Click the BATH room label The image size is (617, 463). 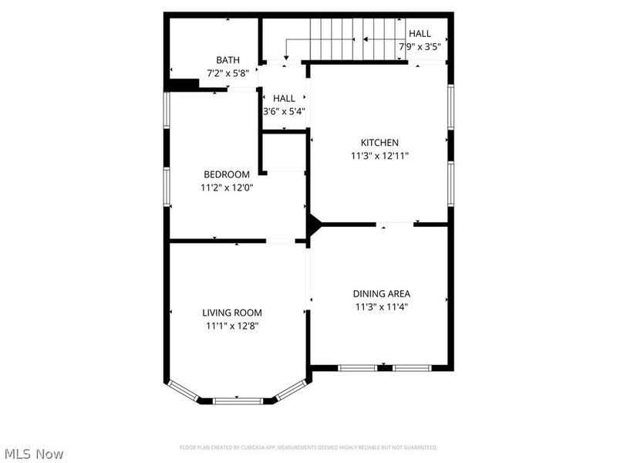228,59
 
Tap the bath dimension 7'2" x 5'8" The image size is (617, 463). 228,73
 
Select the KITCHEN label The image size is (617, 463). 379,142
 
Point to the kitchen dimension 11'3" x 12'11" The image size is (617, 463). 379,155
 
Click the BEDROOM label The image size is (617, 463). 226,174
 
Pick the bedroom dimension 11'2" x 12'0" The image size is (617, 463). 226,188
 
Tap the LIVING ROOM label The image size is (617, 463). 231,313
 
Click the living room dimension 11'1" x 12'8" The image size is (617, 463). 231,326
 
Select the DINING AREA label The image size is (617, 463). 381,293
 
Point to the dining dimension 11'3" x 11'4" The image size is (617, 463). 381,306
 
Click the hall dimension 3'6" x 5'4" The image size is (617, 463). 284,111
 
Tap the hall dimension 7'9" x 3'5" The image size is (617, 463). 420,46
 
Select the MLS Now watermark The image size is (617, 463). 34,454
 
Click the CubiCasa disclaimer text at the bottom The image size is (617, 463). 308,448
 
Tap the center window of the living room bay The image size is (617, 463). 238,400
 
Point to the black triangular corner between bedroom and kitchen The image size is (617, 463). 313,225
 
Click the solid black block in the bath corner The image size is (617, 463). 184,85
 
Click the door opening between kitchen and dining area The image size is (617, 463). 396,225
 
